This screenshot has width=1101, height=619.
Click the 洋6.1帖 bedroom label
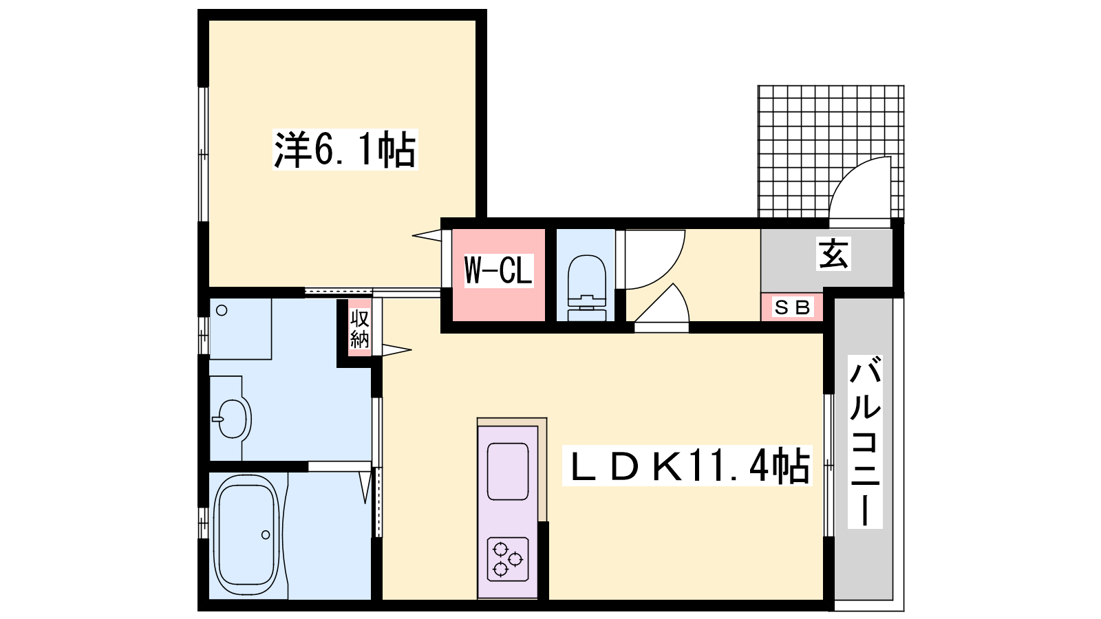click(345, 150)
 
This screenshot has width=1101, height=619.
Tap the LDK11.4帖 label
click(687, 466)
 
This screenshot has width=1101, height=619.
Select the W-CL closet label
click(498, 270)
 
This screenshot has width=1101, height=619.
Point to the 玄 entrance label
click(833, 254)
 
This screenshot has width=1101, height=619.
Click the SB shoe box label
click(792, 307)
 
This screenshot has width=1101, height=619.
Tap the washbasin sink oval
click(232, 419)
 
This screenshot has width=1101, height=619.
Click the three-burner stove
click(509, 560)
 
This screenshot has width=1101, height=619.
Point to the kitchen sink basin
click(508, 471)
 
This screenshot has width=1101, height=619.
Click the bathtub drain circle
click(266, 534)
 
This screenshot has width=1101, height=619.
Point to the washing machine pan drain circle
click(222, 310)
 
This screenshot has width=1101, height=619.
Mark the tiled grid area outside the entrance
click(831, 151)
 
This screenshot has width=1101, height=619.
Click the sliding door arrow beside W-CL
click(427, 235)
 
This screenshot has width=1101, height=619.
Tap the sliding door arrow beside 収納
click(396, 350)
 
